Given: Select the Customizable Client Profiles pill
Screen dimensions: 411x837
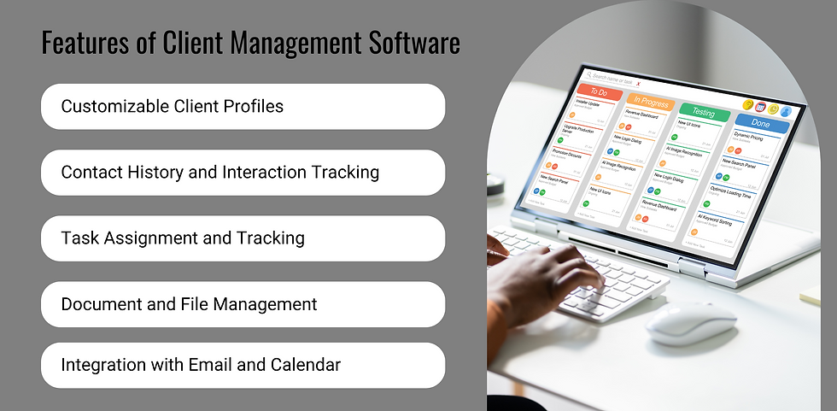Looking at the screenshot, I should pyautogui.click(x=243, y=107).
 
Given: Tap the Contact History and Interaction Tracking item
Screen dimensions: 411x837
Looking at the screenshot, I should pyautogui.click(x=243, y=173).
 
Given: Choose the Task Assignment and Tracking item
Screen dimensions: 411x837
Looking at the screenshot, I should pyautogui.click(x=243, y=238).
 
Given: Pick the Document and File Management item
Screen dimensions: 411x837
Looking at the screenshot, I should pyautogui.click(x=243, y=304).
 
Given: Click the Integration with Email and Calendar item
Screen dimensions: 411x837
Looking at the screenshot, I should pyautogui.click(x=243, y=366).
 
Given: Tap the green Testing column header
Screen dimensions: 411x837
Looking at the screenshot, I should pyautogui.click(x=704, y=112).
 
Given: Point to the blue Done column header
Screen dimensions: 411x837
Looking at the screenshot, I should pyautogui.click(x=760, y=124).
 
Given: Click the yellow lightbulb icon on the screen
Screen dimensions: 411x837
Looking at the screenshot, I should pyautogui.click(x=748, y=104).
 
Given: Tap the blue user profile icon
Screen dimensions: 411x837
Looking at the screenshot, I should pyautogui.click(x=786, y=111).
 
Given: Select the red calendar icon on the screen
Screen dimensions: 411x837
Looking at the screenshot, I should pyautogui.click(x=760, y=107).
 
